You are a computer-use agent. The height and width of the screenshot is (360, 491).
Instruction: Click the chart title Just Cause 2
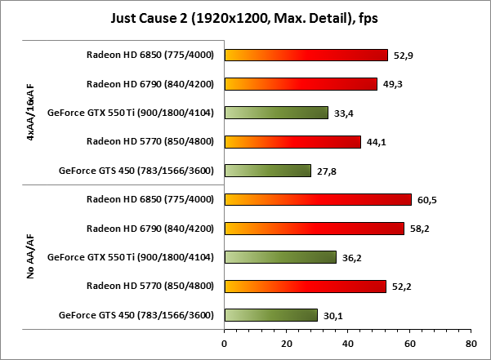[245, 17]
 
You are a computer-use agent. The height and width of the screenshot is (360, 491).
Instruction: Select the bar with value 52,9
[306, 56]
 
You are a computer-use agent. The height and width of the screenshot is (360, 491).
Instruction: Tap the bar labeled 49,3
[301, 84]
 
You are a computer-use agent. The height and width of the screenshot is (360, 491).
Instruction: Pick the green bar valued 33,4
[276, 113]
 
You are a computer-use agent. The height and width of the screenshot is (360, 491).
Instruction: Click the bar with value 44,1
[292, 142]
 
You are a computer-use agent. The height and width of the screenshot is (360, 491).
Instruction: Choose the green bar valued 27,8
[267, 171]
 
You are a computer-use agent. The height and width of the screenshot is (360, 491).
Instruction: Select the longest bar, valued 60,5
[318, 199]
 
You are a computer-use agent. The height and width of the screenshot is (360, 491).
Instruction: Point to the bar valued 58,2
[314, 229]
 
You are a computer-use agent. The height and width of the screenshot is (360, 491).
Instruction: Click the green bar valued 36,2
[280, 257]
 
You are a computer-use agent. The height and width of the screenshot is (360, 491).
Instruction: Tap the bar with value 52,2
[305, 286]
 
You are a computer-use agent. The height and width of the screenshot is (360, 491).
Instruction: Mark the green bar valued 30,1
[270, 315]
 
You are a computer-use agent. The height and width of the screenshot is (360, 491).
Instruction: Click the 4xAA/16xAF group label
[30, 113]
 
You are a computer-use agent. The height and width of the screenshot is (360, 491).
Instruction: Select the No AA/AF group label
[30, 257]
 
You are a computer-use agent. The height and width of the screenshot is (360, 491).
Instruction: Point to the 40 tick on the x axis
[347, 343]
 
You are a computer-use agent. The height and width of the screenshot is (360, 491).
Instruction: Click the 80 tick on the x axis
[470, 343]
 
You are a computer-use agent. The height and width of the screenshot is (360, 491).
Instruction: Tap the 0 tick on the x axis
[225, 343]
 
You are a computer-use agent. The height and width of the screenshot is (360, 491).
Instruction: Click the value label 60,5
[426, 200]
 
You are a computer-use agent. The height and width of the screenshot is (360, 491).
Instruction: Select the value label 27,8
[327, 171]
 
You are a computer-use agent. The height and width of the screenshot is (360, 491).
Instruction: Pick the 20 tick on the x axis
[286, 343]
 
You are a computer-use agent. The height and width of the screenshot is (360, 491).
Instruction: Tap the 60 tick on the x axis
[408, 343]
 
